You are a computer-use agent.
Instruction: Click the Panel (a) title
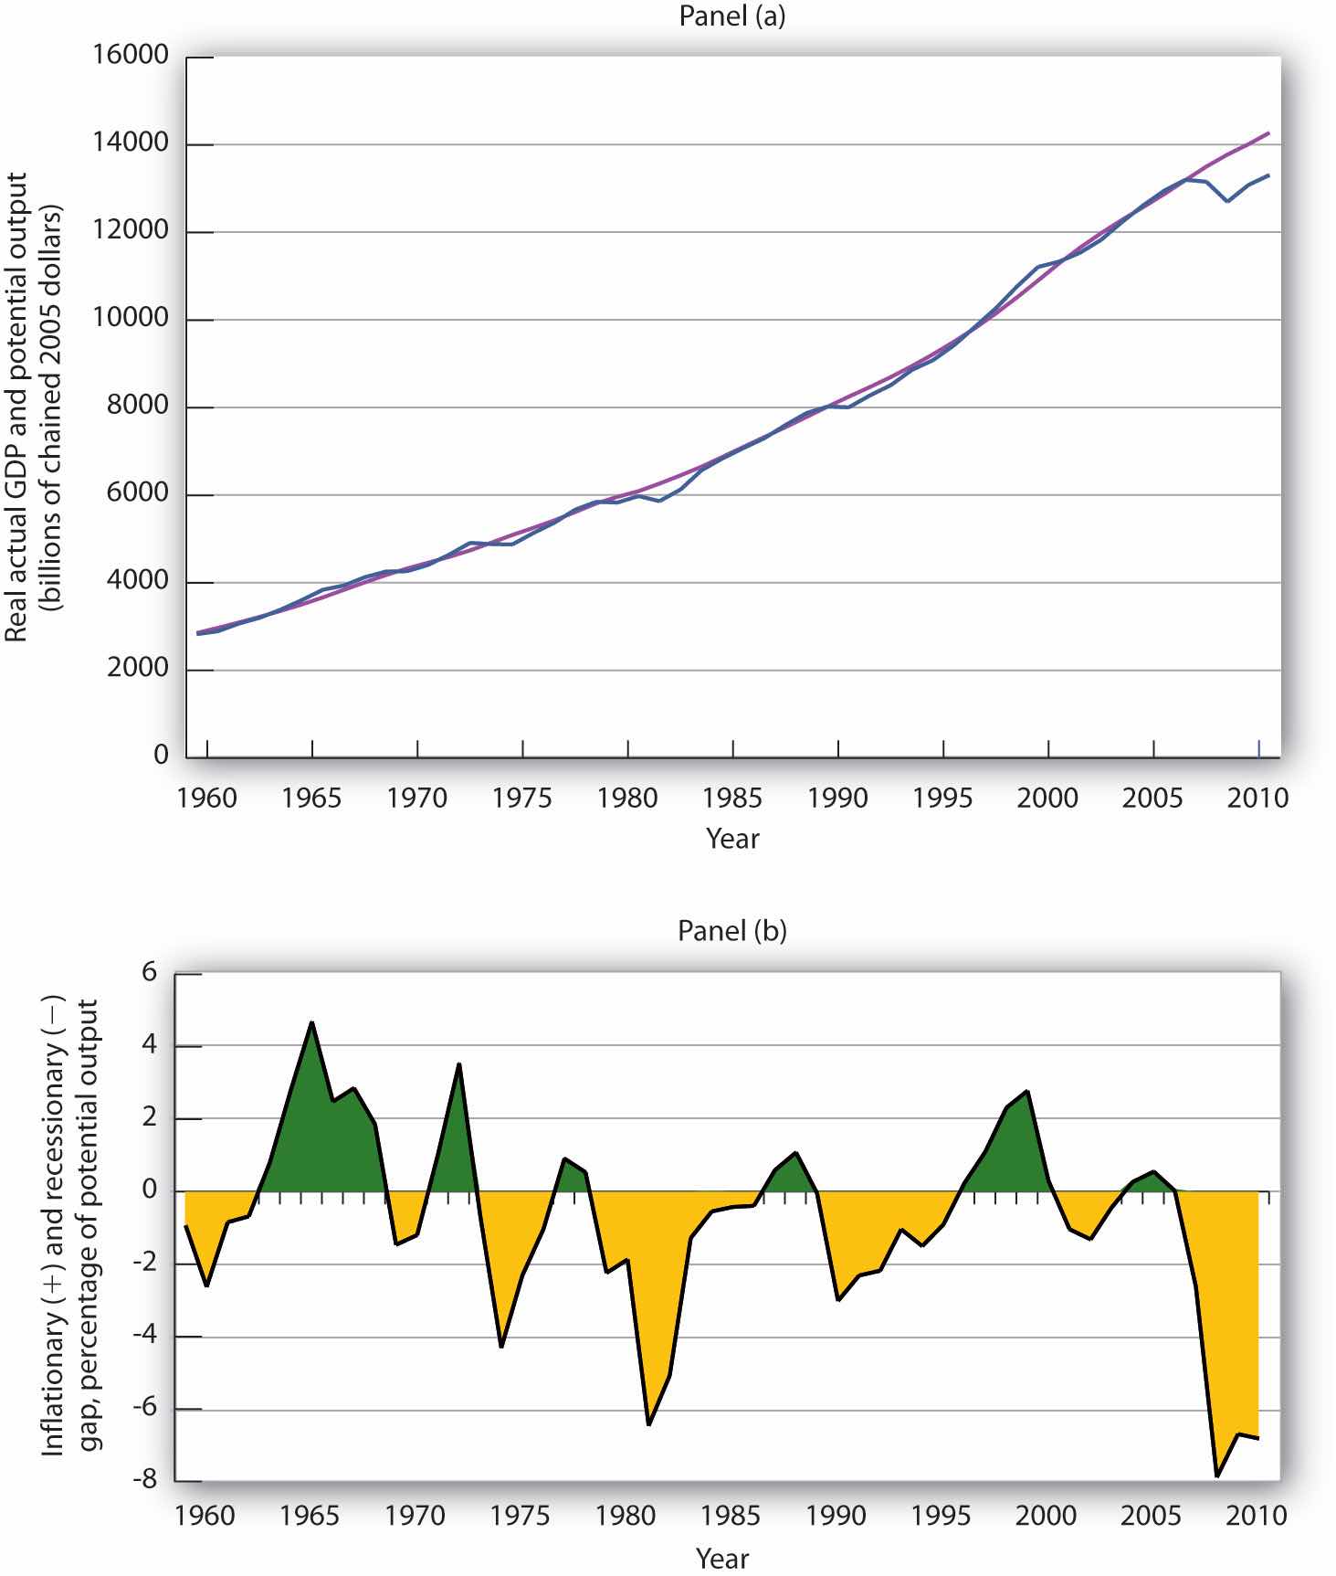731,16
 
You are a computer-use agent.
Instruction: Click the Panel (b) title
731,930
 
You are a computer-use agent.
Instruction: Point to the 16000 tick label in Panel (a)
131,56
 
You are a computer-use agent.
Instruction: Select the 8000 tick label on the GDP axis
138,406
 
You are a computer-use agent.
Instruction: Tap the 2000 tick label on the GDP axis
138,668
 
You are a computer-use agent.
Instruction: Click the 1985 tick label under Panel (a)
731,799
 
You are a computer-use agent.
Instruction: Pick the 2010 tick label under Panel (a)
1257,799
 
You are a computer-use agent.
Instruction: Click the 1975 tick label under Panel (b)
520,1516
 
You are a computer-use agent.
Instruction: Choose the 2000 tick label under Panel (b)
1046,1516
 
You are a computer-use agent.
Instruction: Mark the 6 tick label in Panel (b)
150,974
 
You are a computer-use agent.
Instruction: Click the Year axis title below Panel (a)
731,839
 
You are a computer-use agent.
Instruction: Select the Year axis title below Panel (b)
721,1558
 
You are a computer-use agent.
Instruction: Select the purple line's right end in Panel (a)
1268,133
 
